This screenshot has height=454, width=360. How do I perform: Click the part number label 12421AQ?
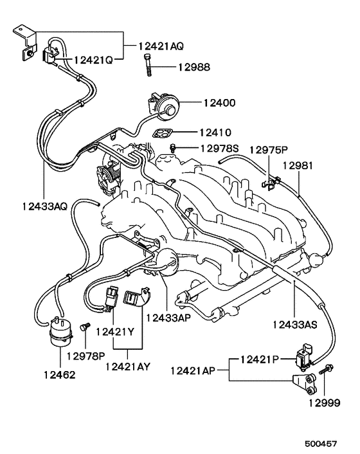pyautogui.click(x=161, y=46)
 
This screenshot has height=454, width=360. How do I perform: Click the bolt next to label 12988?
pyautogui.click(x=148, y=66)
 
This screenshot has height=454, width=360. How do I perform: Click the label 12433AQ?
pyautogui.click(x=42, y=206)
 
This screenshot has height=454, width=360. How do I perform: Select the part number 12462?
pyautogui.click(x=59, y=374)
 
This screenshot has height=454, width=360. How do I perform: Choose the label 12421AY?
pyautogui.click(x=127, y=367)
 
